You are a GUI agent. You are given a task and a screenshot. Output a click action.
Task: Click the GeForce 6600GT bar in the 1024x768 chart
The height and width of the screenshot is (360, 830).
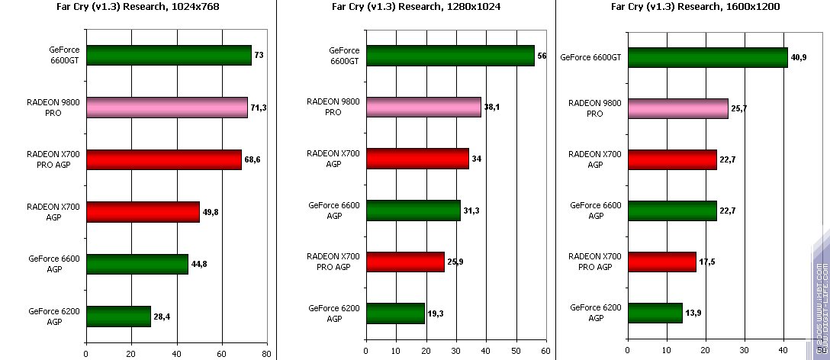click(x=169, y=56)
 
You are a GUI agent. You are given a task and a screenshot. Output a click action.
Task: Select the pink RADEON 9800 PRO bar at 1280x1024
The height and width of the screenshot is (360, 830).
click(x=423, y=108)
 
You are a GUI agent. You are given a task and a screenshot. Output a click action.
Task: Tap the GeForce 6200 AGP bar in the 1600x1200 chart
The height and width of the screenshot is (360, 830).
click(x=655, y=313)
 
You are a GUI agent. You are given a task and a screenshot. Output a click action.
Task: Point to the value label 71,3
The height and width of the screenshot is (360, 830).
click(x=259, y=108)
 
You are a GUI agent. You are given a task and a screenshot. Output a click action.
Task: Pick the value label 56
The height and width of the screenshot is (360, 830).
click(x=542, y=56)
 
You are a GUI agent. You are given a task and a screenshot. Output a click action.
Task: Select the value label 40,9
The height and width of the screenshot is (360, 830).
click(x=799, y=57)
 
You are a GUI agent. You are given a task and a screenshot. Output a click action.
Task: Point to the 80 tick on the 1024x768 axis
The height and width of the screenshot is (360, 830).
click(x=266, y=353)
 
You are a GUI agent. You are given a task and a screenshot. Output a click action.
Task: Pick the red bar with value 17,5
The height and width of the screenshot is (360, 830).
click(x=661, y=262)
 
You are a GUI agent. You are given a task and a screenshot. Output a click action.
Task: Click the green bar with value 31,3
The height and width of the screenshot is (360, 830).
click(x=413, y=211)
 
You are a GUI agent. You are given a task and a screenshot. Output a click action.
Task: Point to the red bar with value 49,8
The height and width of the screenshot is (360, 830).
click(x=143, y=211)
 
